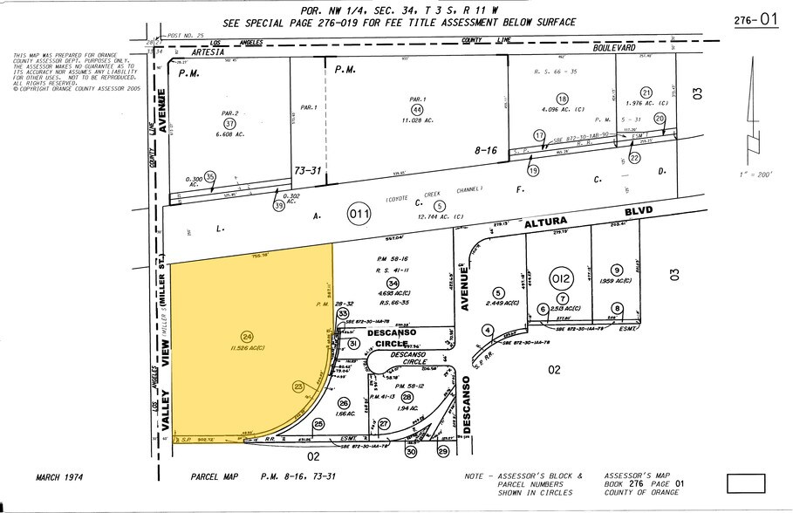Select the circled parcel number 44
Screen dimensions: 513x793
pyautogui.click(x=418, y=109)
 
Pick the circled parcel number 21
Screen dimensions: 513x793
pyautogui.click(x=646, y=93)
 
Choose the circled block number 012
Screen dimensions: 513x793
pyautogui.click(x=563, y=279)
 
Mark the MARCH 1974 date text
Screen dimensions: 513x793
pyautogui.click(x=65, y=477)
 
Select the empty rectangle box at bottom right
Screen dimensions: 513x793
pyautogui.click(x=745, y=482)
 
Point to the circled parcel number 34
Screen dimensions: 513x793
pyautogui.click(x=393, y=283)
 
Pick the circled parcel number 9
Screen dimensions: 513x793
pyautogui.click(x=617, y=270)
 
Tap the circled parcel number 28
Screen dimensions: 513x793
pyautogui.click(x=407, y=397)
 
